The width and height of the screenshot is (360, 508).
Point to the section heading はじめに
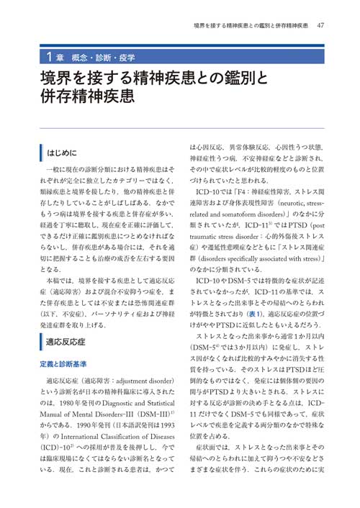tap(67, 153)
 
